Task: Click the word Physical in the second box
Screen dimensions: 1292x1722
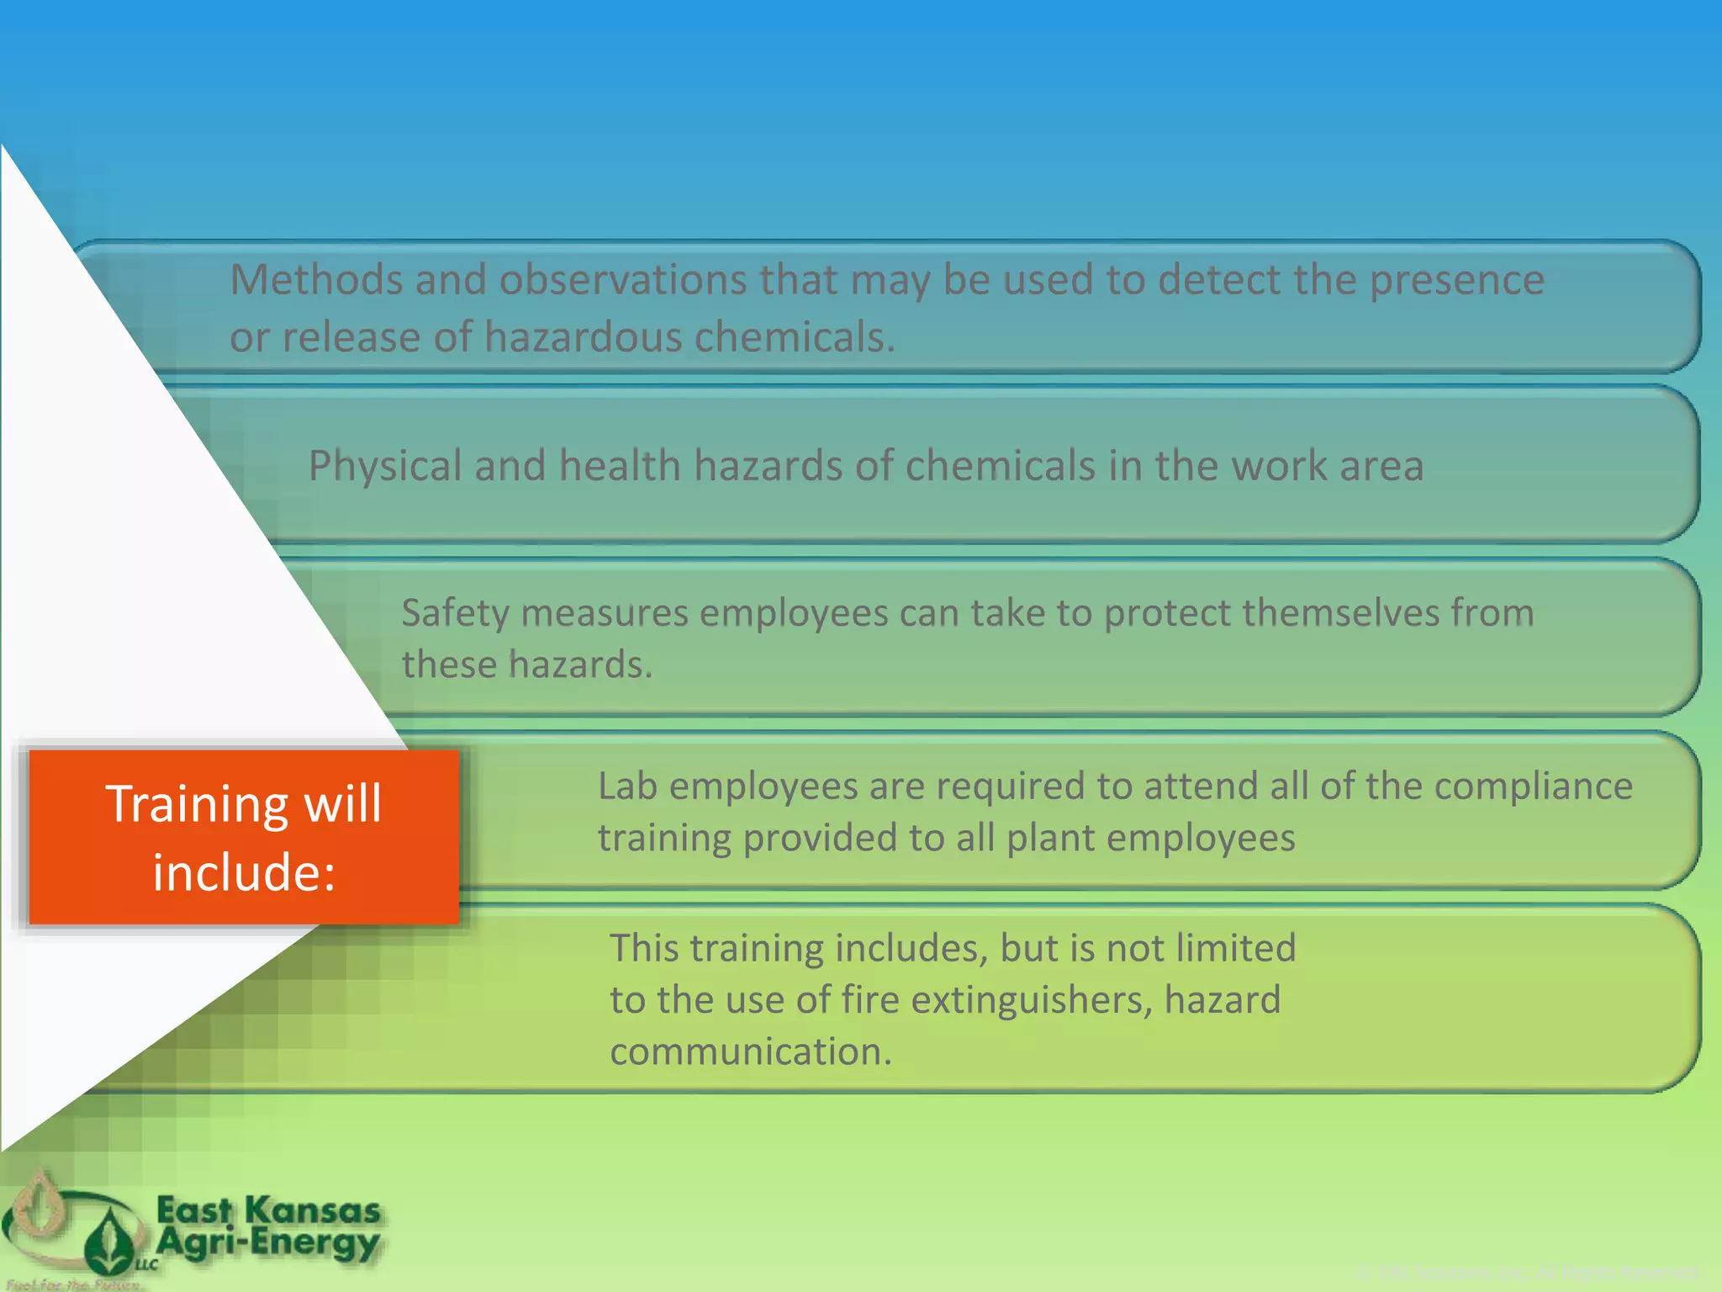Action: tap(384, 466)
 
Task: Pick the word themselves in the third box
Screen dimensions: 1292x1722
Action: tap(1328, 612)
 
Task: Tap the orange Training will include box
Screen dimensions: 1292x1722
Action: tap(244, 837)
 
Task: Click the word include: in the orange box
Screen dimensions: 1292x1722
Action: tap(244, 871)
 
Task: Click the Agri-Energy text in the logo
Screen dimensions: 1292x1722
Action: tap(269, 1242)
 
